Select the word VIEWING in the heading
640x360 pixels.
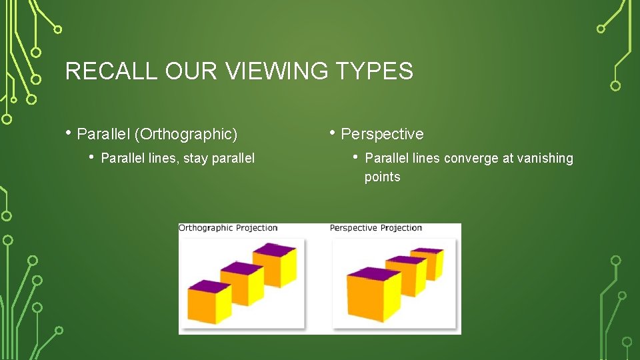point(276,71)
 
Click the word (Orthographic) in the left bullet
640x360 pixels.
point(185,135)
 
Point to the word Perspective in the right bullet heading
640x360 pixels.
point(382,135)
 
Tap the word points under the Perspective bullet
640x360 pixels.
point(382,177)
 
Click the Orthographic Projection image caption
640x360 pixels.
point(228,228)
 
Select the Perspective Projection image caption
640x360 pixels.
point(376,228)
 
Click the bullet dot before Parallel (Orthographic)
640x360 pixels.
point(69,132)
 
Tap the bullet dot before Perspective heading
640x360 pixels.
point(333,132)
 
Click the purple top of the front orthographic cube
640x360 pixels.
point(209,285)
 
